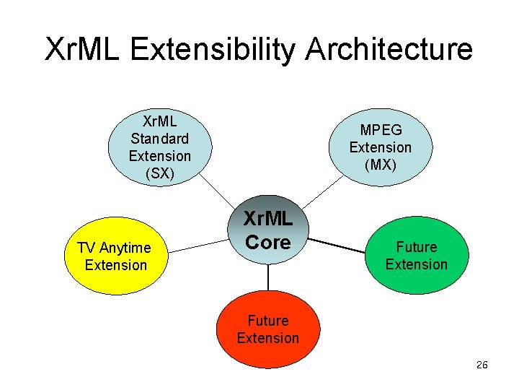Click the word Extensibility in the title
coord(214,50)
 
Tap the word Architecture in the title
coord(389,50)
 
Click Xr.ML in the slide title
coord(84,50)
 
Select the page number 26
coord(482,365)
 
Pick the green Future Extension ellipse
coord(416,256)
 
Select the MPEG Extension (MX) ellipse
coord(380,147)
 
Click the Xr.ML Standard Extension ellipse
coord(159,147)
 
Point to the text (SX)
coord(159,173)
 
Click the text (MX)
coord(380,165)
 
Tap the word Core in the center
coord(267,242)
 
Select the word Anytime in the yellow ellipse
coord(125,248)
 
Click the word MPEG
coord(381,130)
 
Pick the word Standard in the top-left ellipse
coord(159,138)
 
